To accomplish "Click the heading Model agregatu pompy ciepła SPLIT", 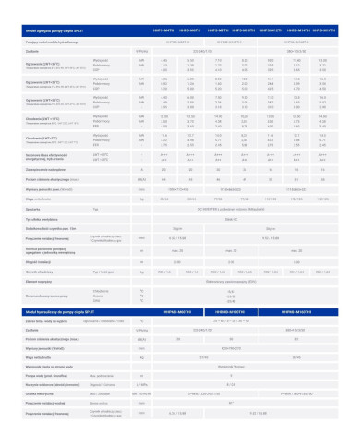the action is pos(64,30).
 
